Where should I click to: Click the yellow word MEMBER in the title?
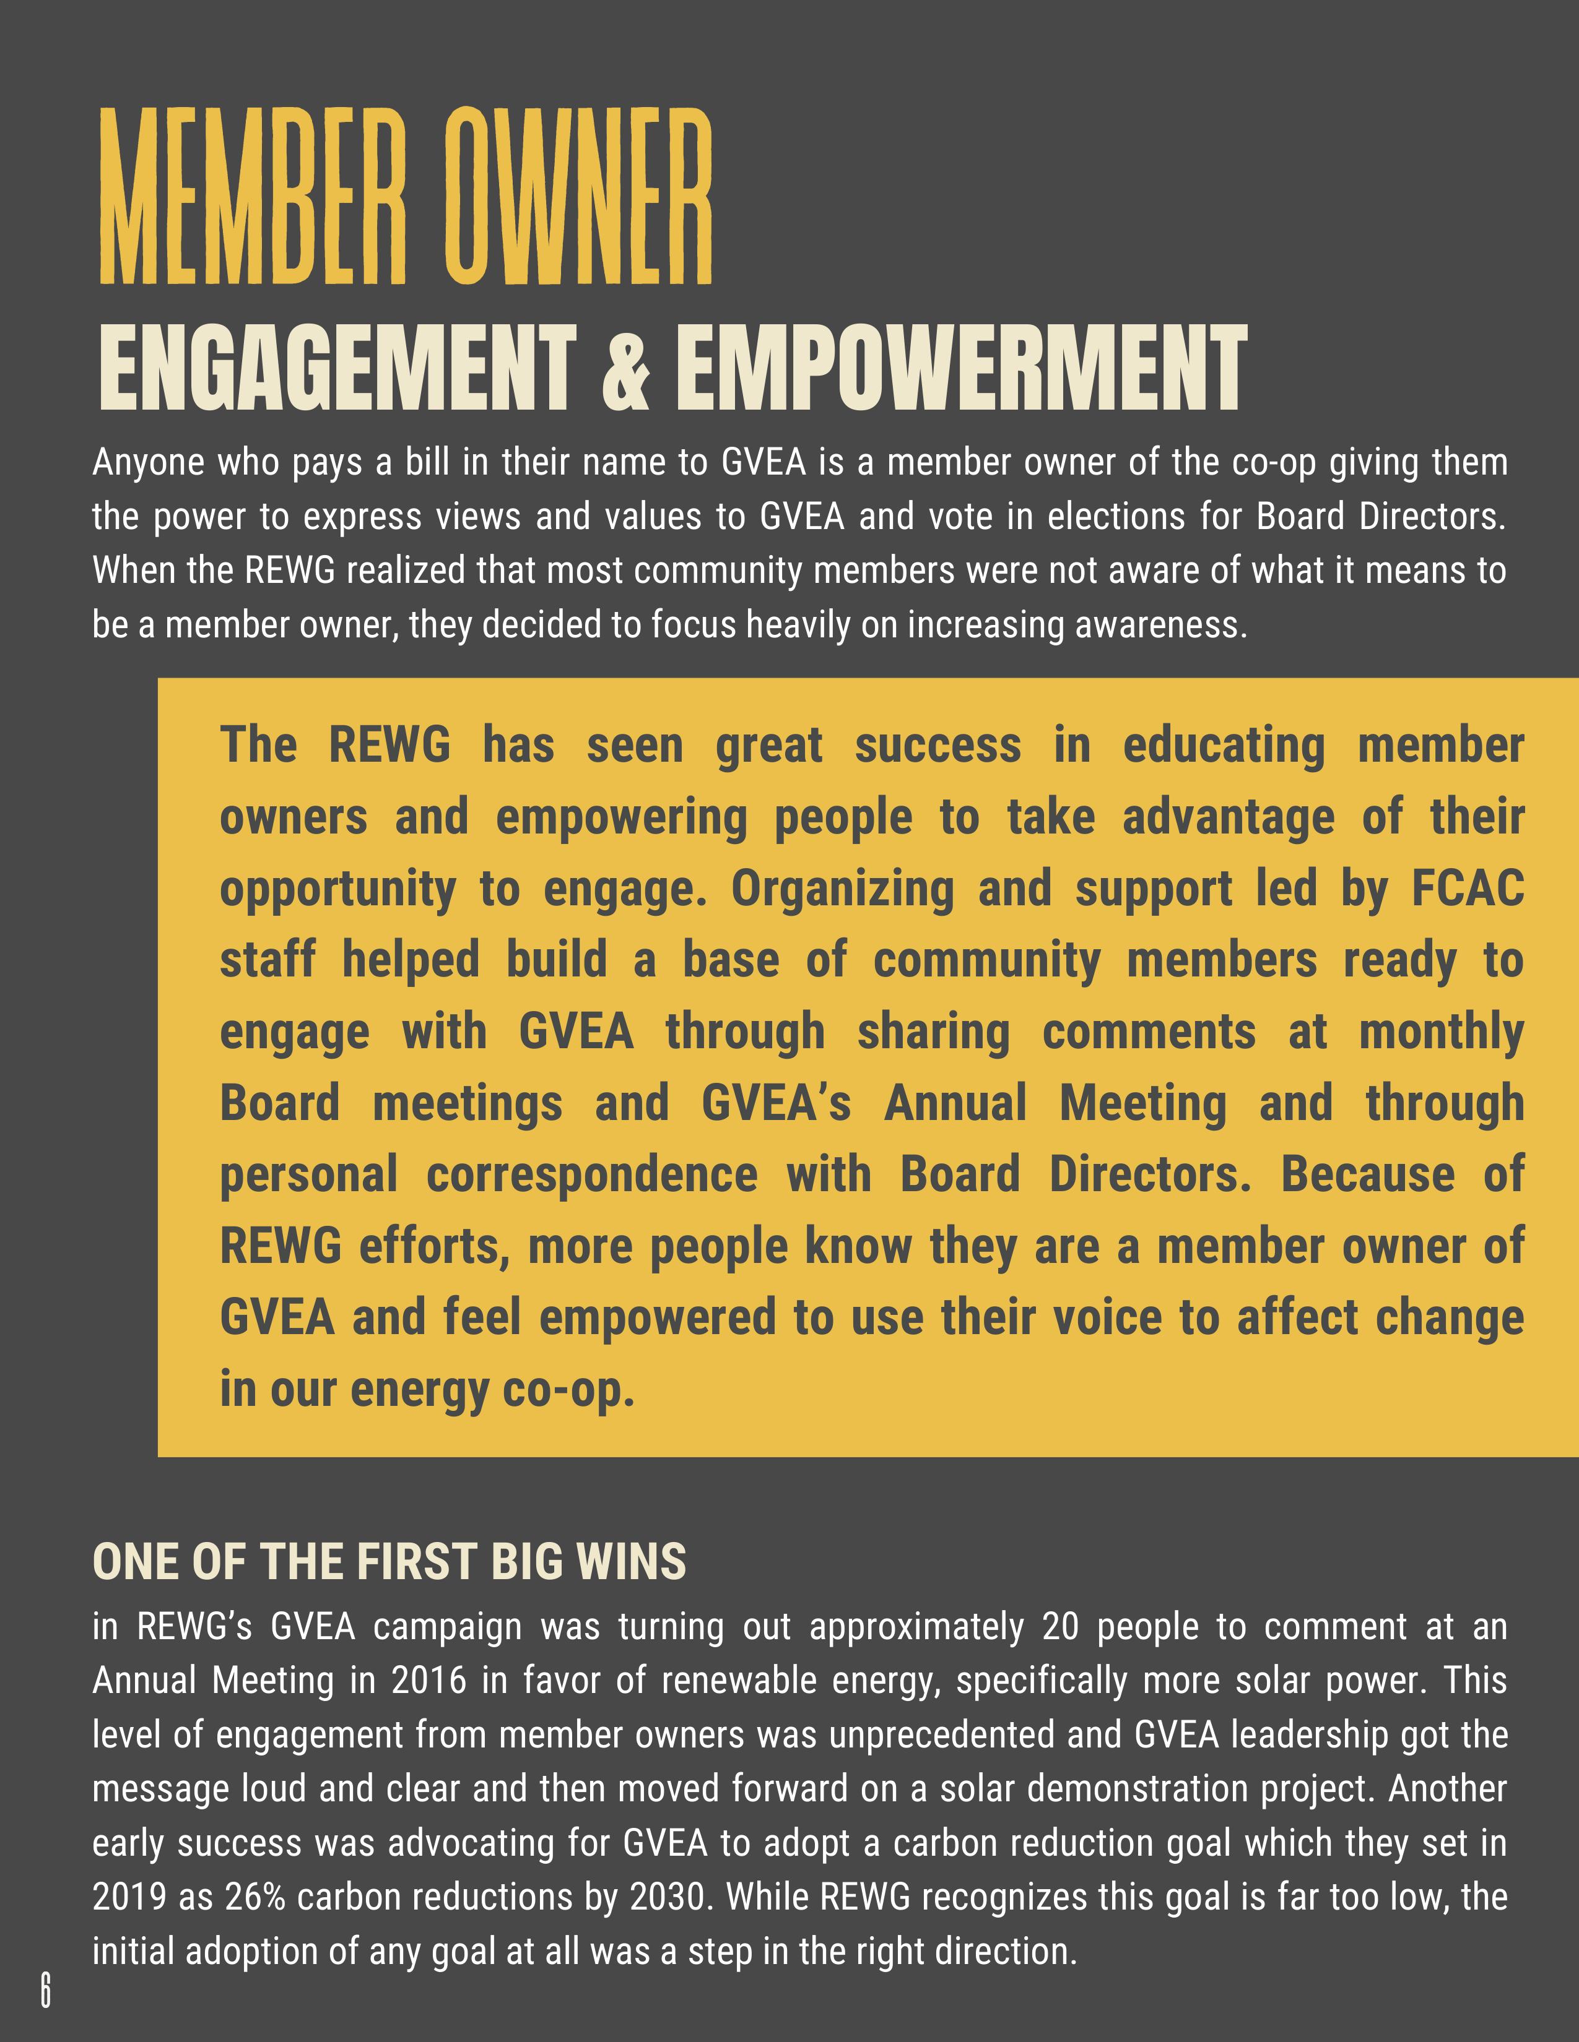pos(253,198)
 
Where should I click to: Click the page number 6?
pos(45,1989)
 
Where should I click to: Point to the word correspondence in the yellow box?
pos(592,1175)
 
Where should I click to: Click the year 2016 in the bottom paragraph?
pos(428,1681)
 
